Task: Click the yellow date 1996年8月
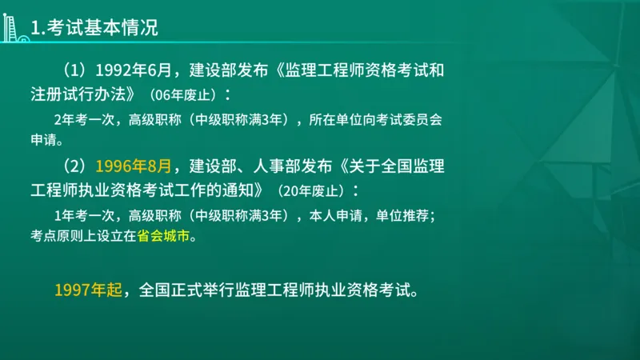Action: tap(134, 167)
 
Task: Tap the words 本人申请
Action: tap(339, 215)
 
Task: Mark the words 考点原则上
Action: tap(69, 237)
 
